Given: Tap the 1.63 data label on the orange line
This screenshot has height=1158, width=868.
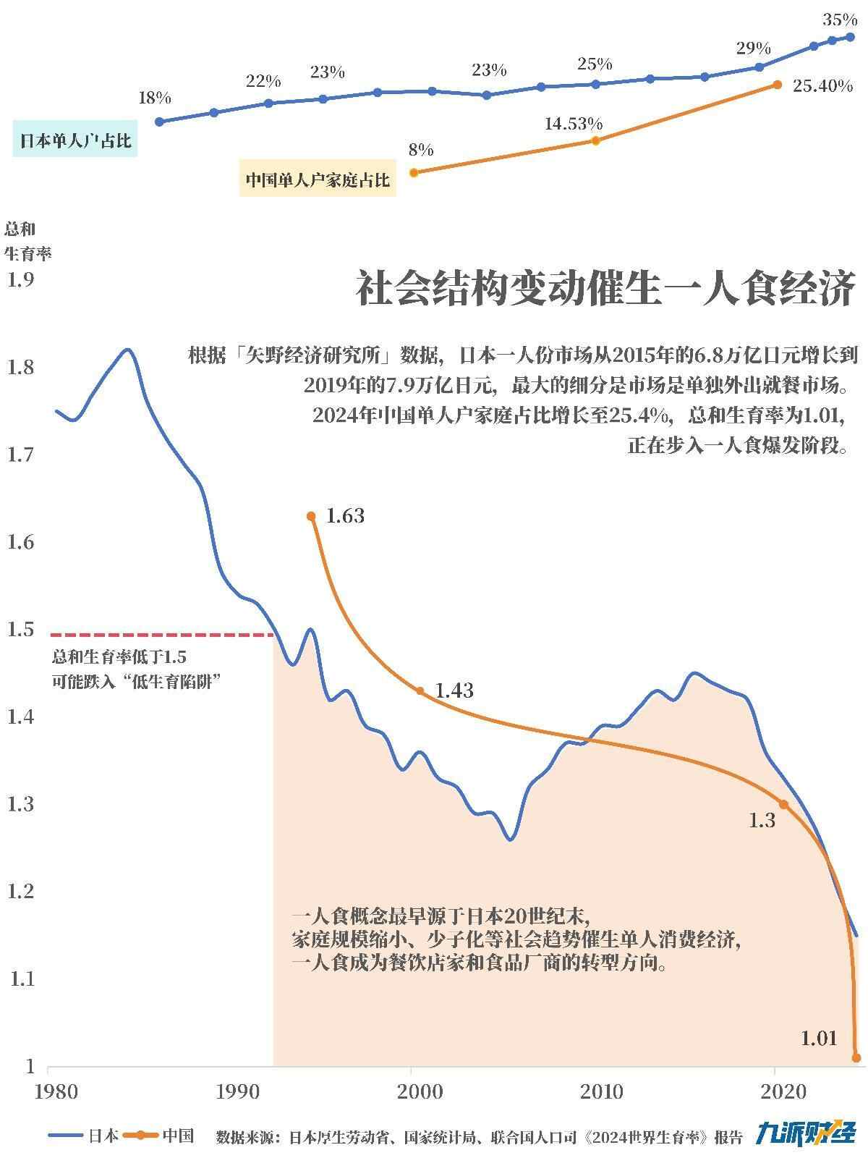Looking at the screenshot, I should point(345,516).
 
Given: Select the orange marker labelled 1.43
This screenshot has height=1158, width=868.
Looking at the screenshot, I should point(420,690).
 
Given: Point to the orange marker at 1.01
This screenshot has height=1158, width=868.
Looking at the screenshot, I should point(856,1057).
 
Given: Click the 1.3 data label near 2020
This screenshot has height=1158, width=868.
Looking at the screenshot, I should point(761,820).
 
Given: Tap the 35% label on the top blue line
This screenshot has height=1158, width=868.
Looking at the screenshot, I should point(839,20).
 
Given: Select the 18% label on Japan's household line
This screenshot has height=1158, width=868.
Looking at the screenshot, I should point(155,98).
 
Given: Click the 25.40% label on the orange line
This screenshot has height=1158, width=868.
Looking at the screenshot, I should point(822,86).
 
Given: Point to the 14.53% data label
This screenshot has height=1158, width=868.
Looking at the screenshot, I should point(573,124).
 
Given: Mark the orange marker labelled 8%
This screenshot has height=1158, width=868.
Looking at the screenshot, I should point(414,172).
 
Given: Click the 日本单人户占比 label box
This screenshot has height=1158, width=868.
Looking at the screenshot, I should point(75,140).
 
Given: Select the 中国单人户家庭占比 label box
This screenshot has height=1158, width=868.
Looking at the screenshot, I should point(317,179).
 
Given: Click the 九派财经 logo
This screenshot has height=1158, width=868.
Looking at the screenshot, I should point(806,1133).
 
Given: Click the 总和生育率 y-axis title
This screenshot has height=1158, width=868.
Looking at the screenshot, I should point(27,241).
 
